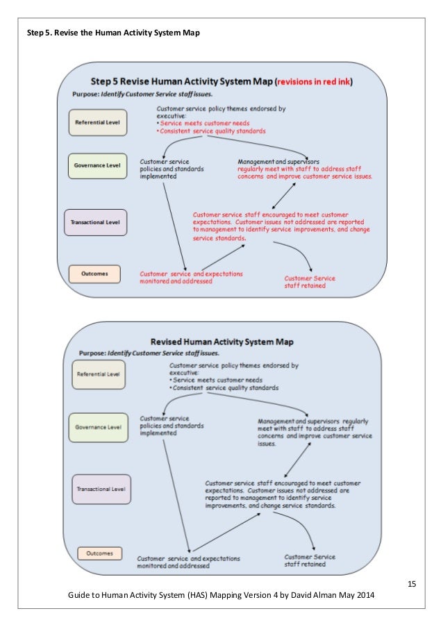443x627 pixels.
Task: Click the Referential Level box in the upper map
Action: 97,122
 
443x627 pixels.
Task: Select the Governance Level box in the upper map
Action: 97,166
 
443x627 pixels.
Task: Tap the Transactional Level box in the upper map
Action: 96,221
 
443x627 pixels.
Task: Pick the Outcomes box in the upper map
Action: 94,274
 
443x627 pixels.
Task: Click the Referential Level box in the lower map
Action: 99,374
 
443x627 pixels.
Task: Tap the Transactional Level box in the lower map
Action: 101,489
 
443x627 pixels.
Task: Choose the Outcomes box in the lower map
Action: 100,553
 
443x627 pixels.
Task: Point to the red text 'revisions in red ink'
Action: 315,81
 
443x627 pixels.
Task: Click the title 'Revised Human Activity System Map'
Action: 222,342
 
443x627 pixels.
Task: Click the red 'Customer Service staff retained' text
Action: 310,281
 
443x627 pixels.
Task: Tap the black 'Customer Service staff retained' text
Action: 310,560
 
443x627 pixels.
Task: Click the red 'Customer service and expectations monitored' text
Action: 191,276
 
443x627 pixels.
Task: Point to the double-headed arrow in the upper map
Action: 287,196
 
